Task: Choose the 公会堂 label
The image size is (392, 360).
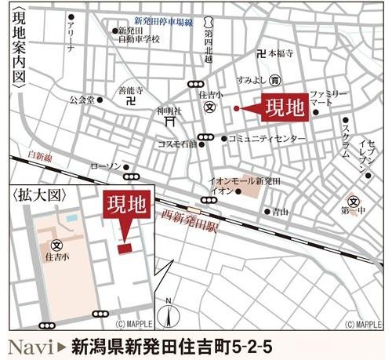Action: pos(81,100)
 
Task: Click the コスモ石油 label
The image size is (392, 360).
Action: pos(178,144)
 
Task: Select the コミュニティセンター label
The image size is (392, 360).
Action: pos(268,139)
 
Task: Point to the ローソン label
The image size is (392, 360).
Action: pos(105,165)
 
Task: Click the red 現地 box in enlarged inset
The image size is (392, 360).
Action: pos(125,208)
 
